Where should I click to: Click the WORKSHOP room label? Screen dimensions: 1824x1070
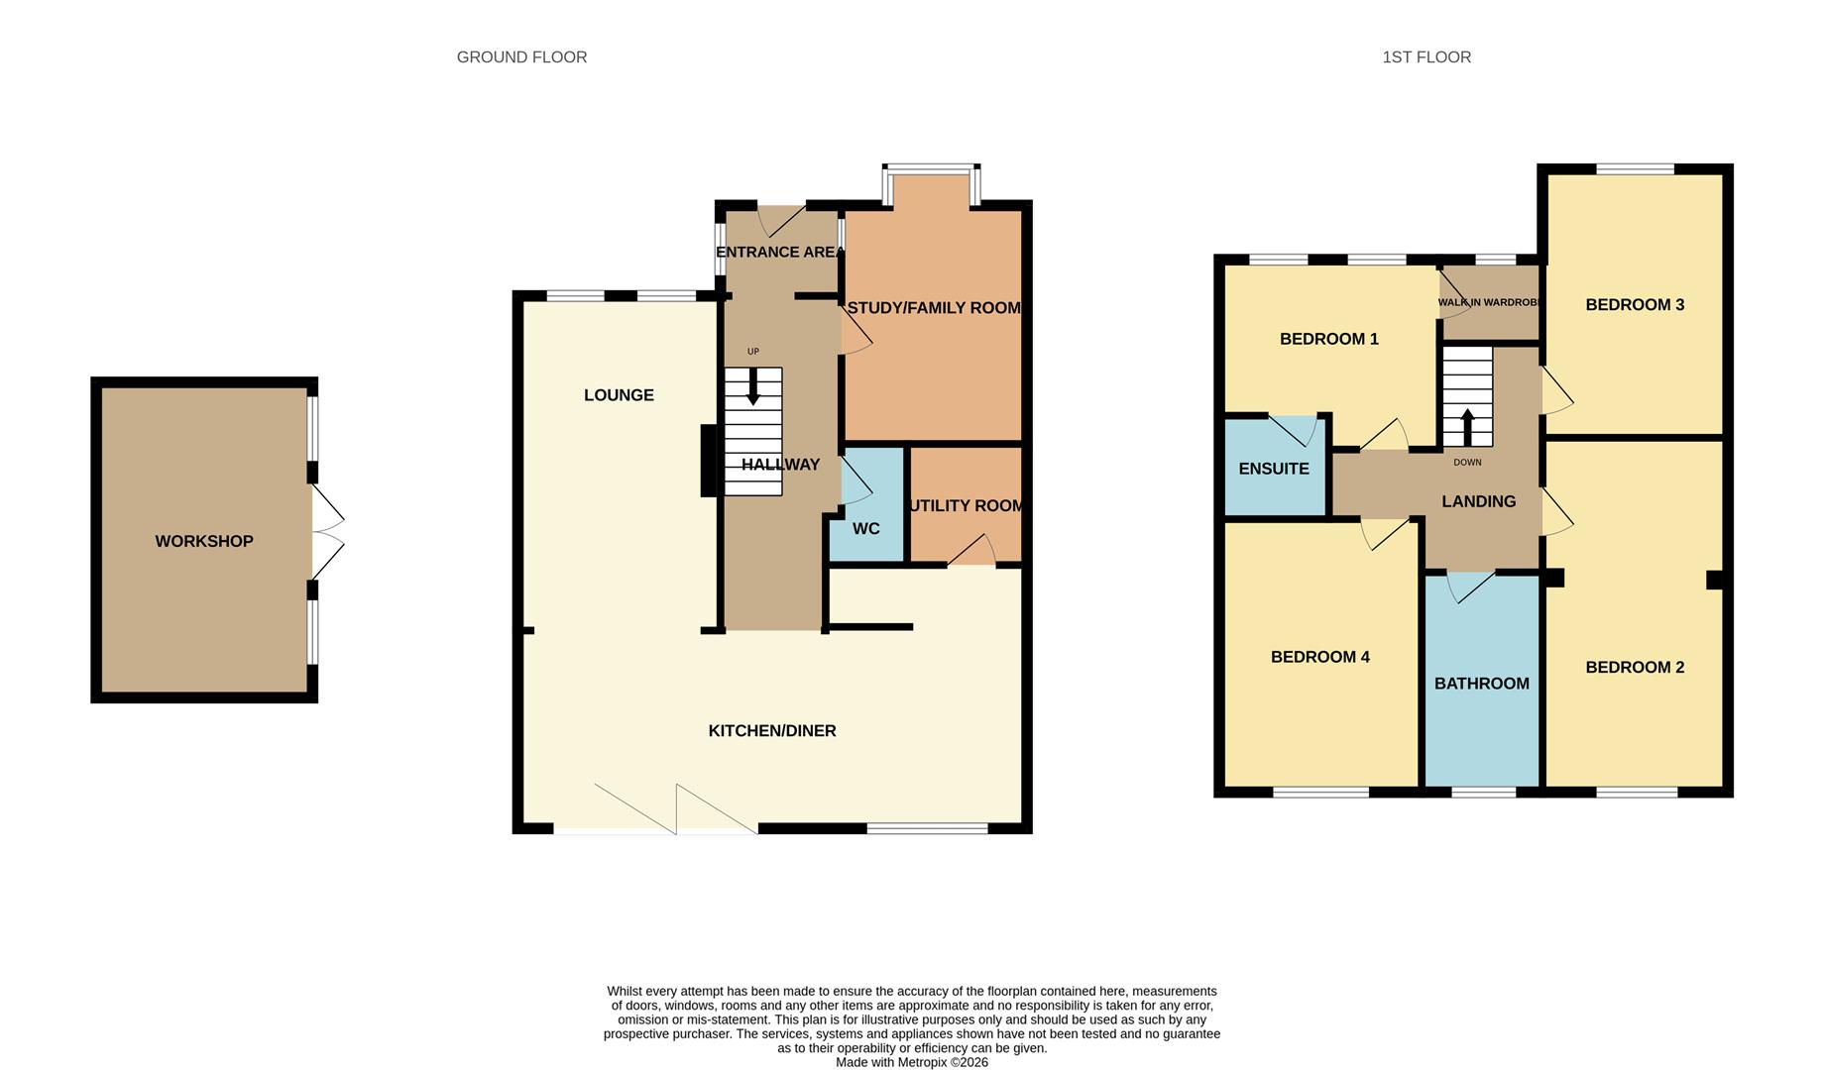click(x=204, y=541)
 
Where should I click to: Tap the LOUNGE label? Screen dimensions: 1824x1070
click(x=619, y=395)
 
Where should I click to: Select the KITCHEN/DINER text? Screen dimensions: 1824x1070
click(x=772, y=731)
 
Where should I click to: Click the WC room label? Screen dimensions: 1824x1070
click(x=866, y=529)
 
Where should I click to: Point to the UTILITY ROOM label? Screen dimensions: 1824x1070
click(x=967, y=506)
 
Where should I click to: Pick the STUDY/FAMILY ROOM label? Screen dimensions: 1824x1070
click(x=934, y=308)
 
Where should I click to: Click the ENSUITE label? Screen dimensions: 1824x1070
click(x=1274, y=469)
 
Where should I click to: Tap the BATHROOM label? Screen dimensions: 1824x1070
click(x=1482, y=684)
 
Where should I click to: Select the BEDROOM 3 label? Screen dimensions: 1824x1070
click(x=1635, y=305)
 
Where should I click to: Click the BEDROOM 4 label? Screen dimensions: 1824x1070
click(x=1320, y=657)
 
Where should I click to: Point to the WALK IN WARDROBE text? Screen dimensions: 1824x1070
click(x=1489, y=303)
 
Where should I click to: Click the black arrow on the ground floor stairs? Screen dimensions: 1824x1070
click(x=753, y=386)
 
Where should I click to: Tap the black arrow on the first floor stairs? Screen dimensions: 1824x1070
click(x=1468, y=427)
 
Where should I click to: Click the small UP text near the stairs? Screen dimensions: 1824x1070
click(x=753, y=352)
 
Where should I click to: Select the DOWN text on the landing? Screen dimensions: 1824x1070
click(x=1468, y=463)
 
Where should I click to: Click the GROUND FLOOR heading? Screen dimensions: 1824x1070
click(x=521, y=57)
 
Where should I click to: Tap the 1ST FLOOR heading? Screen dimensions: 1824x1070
click(x=1426, y=57)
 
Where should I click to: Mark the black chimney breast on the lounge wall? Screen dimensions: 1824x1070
click(x=709, y=461)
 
